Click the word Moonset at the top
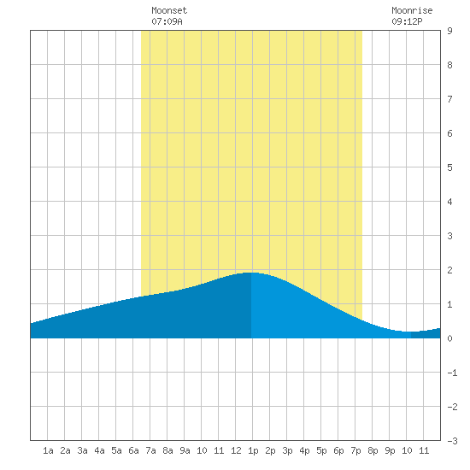pos(169,10)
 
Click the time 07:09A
pos(167,21)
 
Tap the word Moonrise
pos(412,10)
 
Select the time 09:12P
pos(407,21)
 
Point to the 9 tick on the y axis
pos(449,31)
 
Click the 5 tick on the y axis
pos(449,167)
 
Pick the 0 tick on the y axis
pos(449,338)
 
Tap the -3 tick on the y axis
pos(452,441)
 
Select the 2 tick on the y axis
pos(449,270)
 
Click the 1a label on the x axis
pos(48,450)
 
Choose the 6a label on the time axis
pos(133,450)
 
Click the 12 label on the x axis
pos(236,450)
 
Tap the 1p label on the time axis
pos(253,450)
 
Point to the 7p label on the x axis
pos(355,450)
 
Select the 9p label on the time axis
pos(390,450)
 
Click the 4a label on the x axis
pos(99,450)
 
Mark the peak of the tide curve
pos(251,273)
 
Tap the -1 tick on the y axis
pos(452,373)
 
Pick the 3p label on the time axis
pos(287,450)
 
